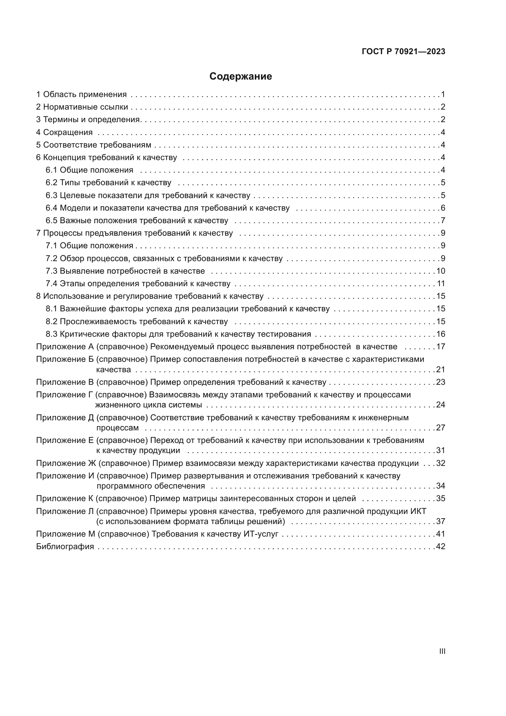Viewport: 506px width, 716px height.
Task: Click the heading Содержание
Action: point(240,77)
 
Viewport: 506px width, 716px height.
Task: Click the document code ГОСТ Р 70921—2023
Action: point(404,52)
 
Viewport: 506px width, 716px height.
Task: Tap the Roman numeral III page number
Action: point(442,651)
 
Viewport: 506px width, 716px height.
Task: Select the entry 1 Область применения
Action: point(81,94)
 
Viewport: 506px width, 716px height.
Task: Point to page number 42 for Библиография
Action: point(441,546)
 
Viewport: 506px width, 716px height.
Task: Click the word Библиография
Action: point(65,546)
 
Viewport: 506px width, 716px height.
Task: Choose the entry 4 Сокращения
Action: point(64,132)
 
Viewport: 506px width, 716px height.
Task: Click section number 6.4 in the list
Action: point(51,208)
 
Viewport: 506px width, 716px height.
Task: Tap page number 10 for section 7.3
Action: point(441,271)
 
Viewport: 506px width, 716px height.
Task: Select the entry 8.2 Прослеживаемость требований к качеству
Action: point(137,321)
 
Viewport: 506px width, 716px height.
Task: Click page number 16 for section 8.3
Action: point(441,334)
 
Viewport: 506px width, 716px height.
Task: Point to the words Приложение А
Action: point(65,347)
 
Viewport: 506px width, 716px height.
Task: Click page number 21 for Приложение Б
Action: point(441,369)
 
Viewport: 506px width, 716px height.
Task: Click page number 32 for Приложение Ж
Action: point(441,463)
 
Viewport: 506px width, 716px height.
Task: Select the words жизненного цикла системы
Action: point(149,405)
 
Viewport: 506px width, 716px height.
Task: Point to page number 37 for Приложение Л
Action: point(441,521)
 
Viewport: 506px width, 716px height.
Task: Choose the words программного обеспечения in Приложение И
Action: point(151,486)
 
